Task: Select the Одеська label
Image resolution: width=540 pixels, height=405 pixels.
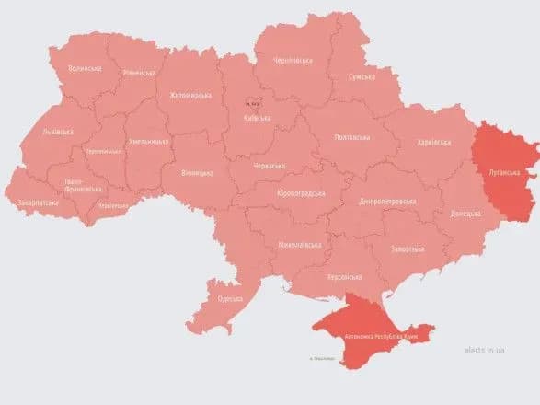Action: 231,298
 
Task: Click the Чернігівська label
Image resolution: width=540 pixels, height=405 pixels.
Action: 292,61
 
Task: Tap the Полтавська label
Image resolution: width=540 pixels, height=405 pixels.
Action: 352,138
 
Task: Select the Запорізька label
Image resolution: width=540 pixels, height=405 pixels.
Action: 406,249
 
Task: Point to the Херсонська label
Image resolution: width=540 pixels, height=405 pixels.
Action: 344,277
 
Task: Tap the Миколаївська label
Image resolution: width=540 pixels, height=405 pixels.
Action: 300,245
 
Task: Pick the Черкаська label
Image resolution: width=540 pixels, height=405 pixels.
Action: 269,166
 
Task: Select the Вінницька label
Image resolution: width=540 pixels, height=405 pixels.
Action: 197,172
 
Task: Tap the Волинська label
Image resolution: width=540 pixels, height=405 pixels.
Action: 86,68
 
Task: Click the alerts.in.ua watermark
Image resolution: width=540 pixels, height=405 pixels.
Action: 477,349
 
